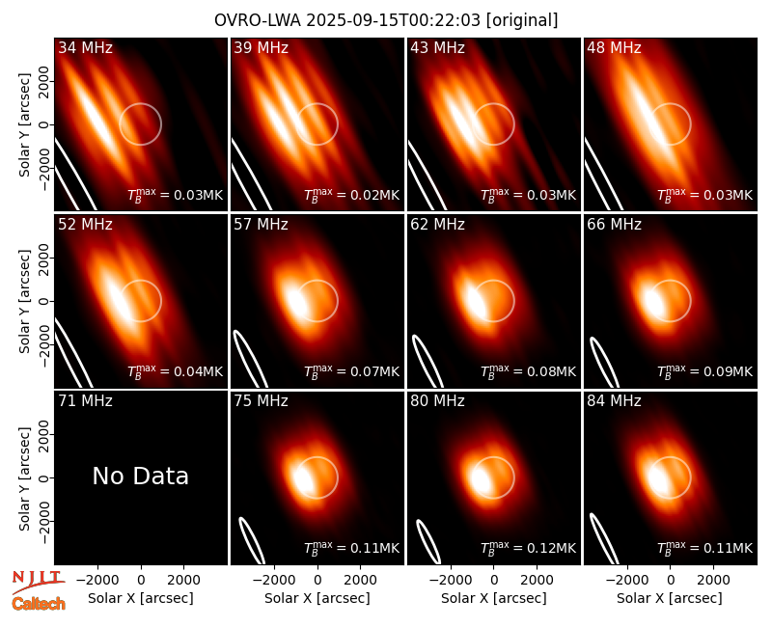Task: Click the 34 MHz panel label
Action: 85,47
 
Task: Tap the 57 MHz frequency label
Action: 261,225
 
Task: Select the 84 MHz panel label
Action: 614,401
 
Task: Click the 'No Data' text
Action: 140,476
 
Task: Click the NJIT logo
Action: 38,582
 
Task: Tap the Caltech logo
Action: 39,604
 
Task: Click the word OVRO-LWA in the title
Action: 258,20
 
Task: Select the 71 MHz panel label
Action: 85,401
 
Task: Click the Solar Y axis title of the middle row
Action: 25,301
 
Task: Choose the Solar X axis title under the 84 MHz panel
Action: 670,598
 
